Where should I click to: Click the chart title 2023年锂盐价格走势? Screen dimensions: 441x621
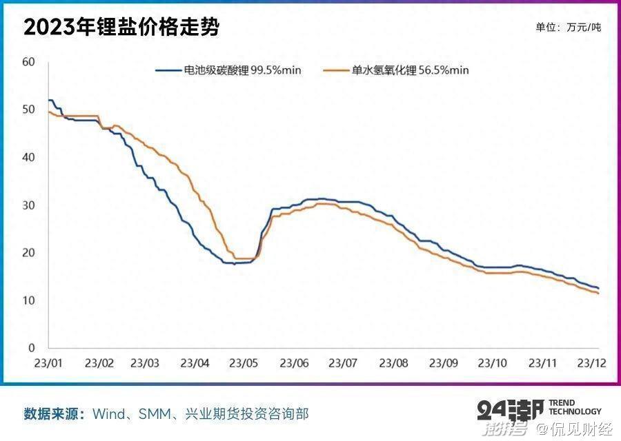(121, 28)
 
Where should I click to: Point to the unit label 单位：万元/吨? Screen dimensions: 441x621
(568, 28)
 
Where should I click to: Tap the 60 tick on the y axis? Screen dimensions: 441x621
(28, 62)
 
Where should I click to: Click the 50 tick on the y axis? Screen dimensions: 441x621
(28, 110)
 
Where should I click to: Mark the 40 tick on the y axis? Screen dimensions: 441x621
(28, 157)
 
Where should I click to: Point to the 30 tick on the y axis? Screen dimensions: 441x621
(28, 205)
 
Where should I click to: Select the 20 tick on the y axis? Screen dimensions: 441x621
(28, 253)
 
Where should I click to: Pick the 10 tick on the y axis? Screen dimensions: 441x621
(28, 300)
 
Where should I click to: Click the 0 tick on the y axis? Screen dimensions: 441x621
(31, 348)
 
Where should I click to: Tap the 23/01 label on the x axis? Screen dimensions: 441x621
(49, 362)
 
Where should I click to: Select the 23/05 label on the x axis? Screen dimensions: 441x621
(244, 362)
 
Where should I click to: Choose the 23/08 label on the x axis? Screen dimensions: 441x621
(393, 362)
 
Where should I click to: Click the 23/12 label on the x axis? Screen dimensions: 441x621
(591, 362)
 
